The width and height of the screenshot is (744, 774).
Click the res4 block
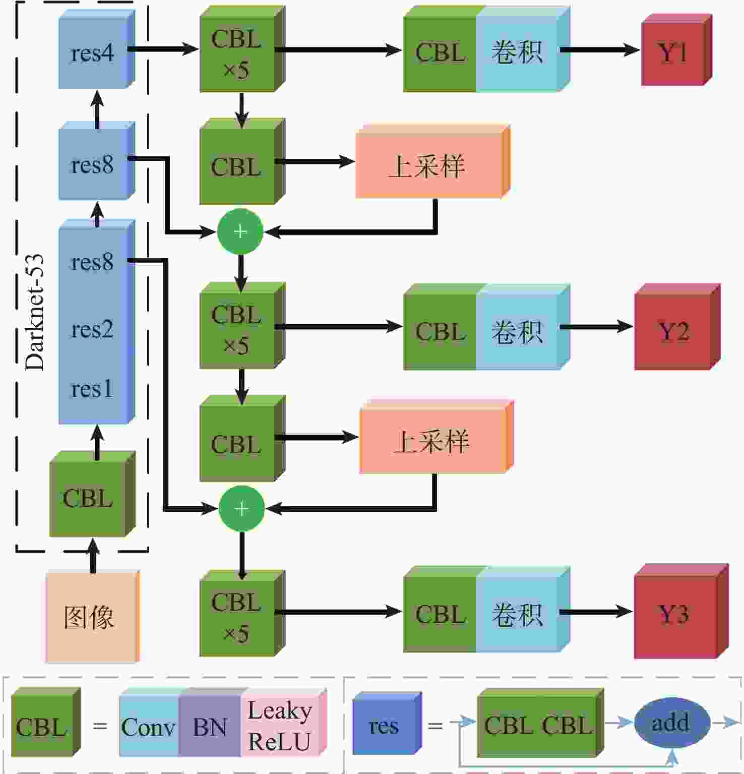tap(93, 53)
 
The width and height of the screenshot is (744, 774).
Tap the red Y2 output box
tap(673, 331)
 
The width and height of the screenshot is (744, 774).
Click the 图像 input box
tap(90, 617)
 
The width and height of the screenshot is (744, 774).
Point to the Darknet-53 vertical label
tap(34, 313)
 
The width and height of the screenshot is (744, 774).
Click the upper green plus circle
tap(240, 231)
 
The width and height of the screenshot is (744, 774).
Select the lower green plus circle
tap(241, 508)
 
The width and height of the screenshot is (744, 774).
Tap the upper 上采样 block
tap(428, 165)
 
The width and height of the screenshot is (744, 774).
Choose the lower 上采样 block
tap(432, 440)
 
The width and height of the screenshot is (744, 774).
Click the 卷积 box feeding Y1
tap(517, 52)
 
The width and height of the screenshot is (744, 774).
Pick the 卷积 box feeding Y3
tap(517, 615)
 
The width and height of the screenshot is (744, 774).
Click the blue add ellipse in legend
tap(670, 723)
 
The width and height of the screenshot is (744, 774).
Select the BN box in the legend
tap(210, 727)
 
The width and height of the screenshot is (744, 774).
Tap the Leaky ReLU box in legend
tap(280, 727)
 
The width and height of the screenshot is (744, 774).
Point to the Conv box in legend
tap(149, 727)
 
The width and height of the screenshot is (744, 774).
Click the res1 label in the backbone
tap(92, 389)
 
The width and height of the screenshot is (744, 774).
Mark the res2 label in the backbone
tap(92, 329)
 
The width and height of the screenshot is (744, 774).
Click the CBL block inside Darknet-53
tap(88, 498)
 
